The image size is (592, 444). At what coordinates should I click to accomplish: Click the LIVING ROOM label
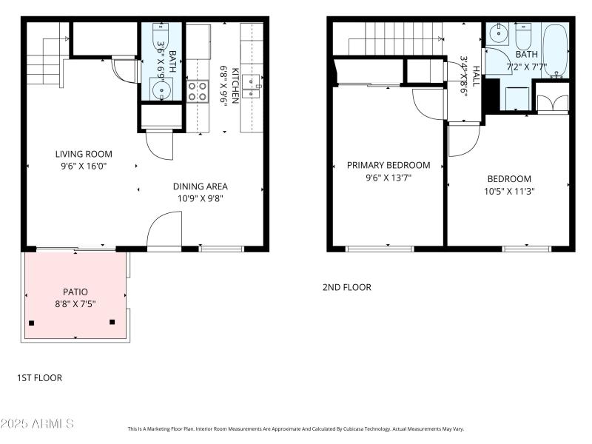(x=84, y=154)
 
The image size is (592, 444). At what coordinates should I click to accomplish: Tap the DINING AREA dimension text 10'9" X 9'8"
(x=200, y=198)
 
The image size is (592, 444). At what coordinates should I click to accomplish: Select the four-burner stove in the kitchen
(x=197, y=91)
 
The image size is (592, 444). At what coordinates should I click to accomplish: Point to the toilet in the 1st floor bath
(x=161, y=35)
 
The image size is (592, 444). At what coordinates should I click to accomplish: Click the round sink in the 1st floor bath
(x=161, y=89)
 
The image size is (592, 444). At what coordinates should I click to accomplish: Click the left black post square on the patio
(x=32, y=323)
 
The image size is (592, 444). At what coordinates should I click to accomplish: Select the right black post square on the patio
(x=112, y=321)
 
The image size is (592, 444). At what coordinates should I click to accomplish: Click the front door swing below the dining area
(x=164, y=231)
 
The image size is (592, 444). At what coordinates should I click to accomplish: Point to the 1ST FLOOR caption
(x=39, y=378)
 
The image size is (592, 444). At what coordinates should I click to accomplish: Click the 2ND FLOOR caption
(x=346, y=287)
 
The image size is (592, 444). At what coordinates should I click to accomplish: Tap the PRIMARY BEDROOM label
(x=388, y=165)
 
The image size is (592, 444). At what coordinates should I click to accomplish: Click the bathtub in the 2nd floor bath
(x=554, y=50)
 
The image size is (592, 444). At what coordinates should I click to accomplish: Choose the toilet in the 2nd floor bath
(x=524, y=36)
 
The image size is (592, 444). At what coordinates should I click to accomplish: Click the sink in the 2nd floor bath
(x=499, y=33)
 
